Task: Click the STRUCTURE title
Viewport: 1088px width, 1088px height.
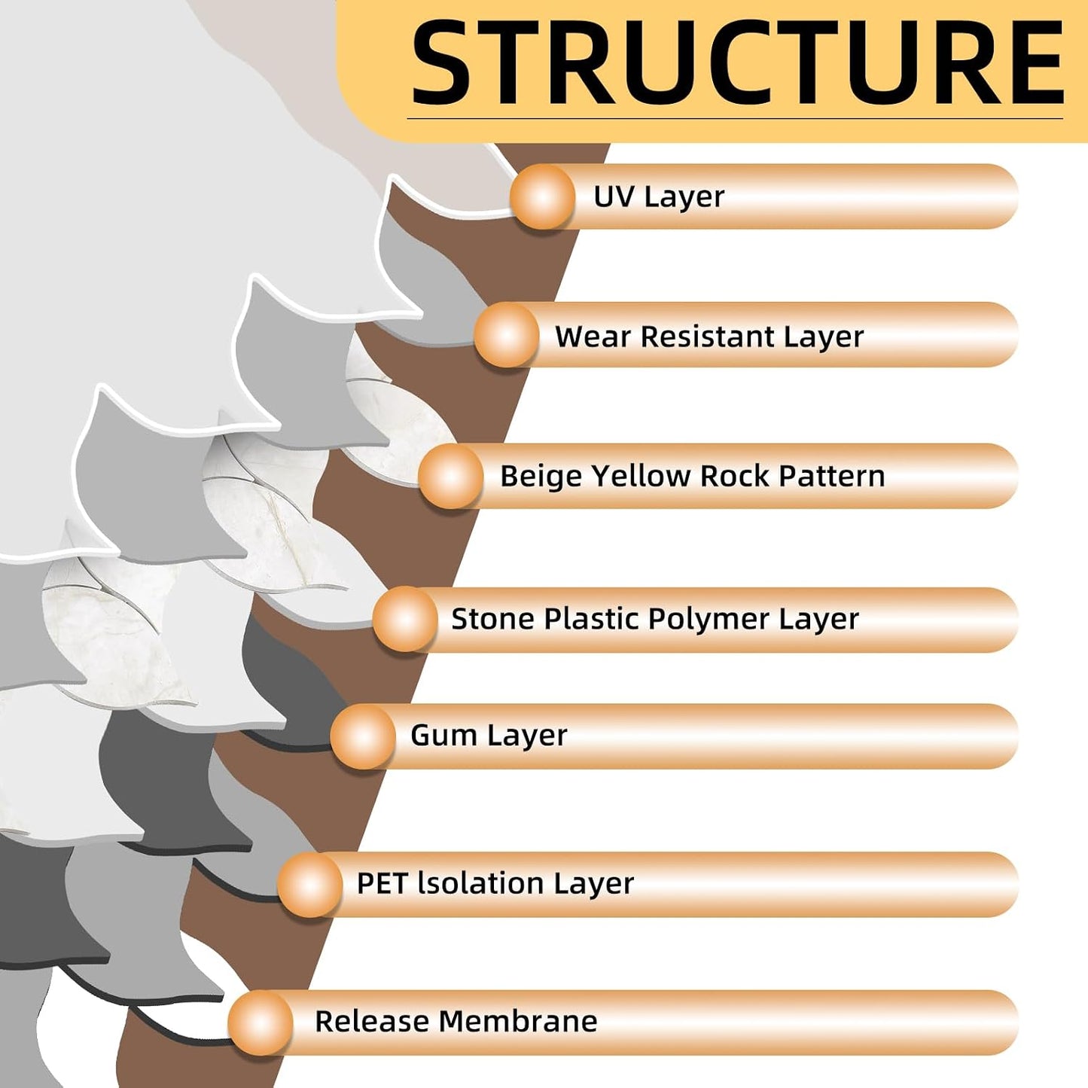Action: pos(738,62)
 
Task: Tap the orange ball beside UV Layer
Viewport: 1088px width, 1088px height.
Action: pos(543,197)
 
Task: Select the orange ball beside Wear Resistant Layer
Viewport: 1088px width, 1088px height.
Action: pos(507,335)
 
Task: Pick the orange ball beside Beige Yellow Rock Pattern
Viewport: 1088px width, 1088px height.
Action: pos(451,476)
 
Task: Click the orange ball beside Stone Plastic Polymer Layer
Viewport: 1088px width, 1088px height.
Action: pos(405,619)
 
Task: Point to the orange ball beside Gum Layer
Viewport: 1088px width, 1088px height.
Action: pos(363,736)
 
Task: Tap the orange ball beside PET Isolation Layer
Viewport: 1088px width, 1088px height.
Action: pos(310,884)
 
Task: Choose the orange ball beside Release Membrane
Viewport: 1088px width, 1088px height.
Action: pos(261,1022)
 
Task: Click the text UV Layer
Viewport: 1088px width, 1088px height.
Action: pos(659,197)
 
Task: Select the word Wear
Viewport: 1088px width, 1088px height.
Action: pos(593,337)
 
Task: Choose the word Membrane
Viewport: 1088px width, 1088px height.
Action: pos(518,1022)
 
